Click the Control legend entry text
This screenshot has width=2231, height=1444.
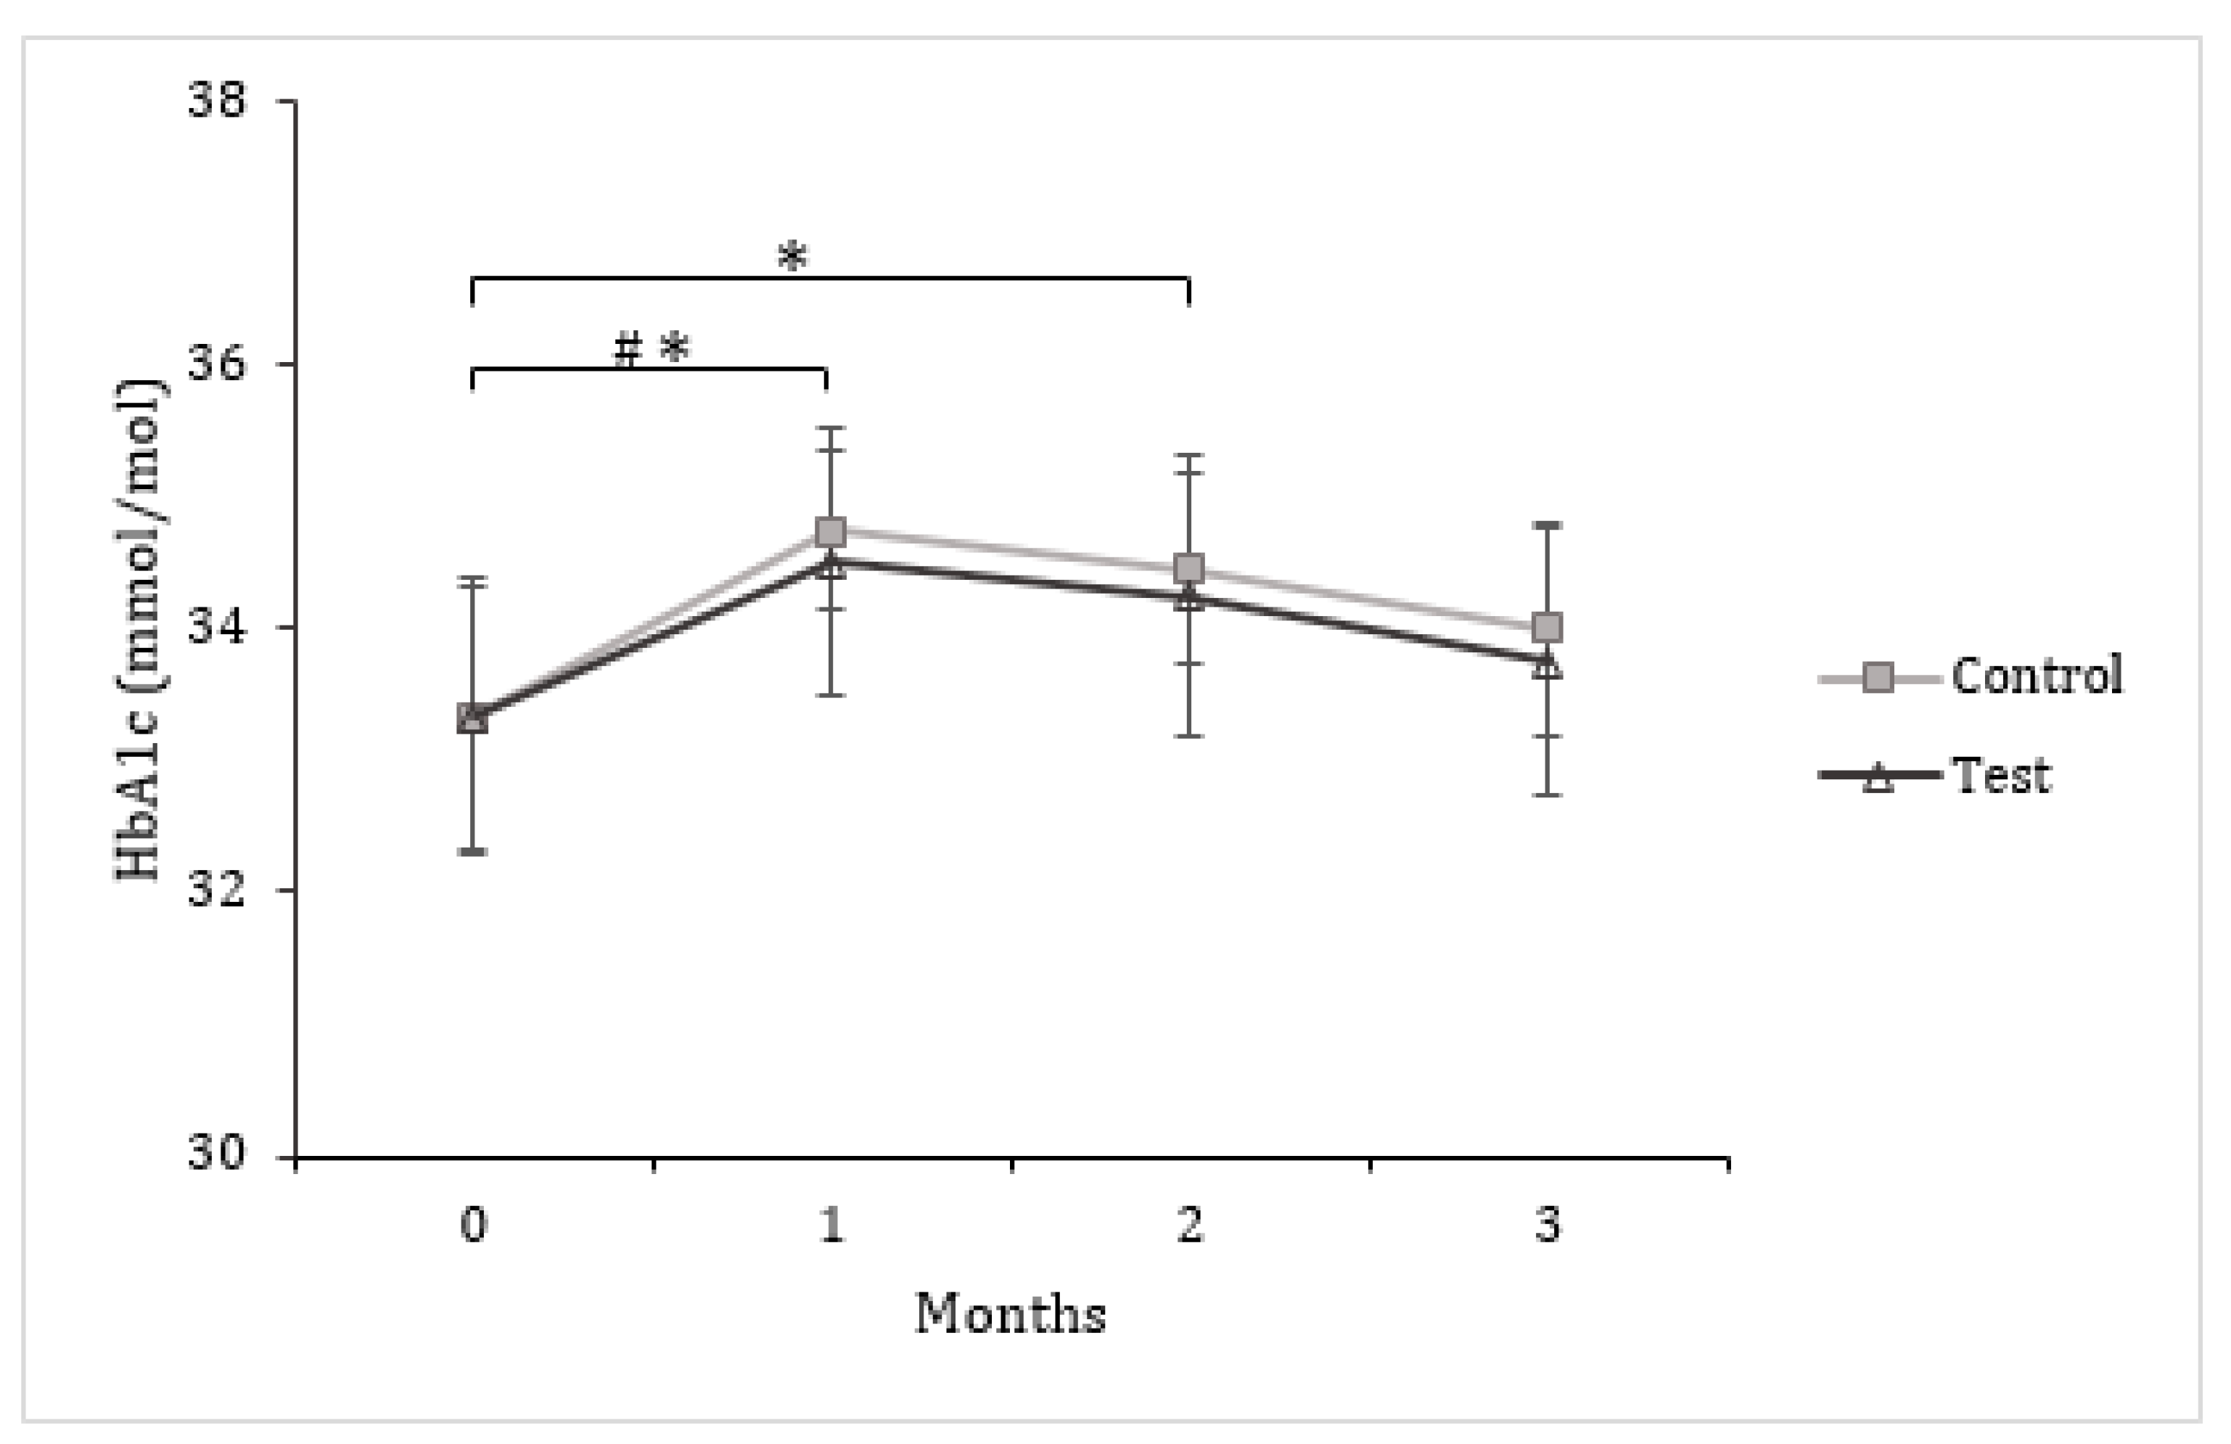tap(2036, 675)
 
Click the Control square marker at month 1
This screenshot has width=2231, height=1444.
tap(831, 533)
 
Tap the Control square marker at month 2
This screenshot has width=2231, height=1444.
tap(1188, 568)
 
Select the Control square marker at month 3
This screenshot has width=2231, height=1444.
tap(1547, 626)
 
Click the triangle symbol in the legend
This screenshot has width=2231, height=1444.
tap(1878, 777)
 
